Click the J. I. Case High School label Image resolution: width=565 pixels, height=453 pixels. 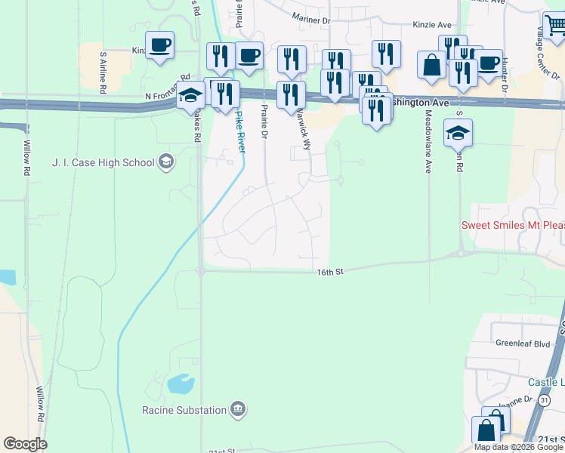pos(103,162)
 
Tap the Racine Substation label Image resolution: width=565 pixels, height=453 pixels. pos(184,410)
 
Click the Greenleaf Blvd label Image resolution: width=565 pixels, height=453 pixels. pos(522,343)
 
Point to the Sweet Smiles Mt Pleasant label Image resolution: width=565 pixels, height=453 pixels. pos(513,226)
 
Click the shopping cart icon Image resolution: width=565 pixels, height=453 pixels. pos(555,26)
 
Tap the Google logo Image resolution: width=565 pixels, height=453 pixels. pos(25,444)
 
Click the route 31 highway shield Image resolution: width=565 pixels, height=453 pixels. pos(545,399)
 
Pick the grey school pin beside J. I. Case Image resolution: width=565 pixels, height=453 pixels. pos(166,162)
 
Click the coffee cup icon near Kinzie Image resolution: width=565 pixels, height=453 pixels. pos(159,46)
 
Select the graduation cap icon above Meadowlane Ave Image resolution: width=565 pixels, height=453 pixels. pos(458,133)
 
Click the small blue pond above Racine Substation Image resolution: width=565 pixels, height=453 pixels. pos(181,384)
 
